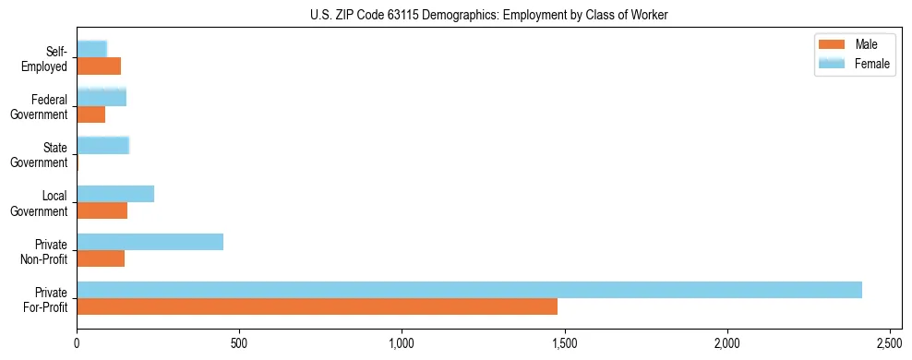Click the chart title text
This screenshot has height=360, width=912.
coord(455,15)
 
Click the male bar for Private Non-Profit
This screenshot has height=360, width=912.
coord(101,258)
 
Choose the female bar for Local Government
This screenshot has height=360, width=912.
coord(115,194)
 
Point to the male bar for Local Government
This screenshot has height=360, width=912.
coord(102,210)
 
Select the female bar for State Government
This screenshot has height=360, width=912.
coord(102,145)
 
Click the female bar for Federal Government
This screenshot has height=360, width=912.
coord(102,97)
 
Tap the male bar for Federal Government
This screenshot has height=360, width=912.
coord(90,114)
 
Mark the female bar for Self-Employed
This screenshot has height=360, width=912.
coord(91,49)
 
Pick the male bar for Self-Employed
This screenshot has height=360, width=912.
coord(99,66)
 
